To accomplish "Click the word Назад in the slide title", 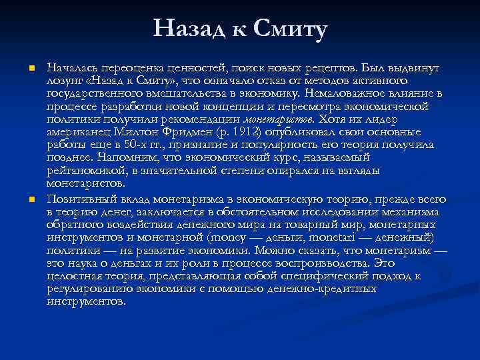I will click(189, 29).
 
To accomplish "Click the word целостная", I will click(73, 276).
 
